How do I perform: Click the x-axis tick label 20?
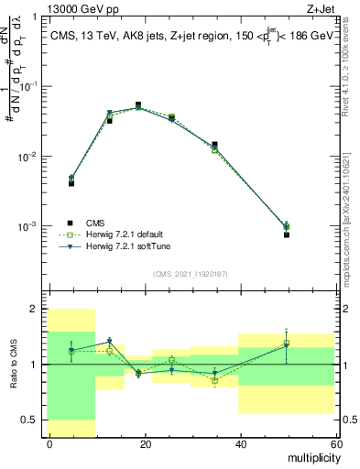tap(145, 444)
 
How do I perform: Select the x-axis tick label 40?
tap(240, 444)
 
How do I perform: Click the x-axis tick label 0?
tap(49, 444)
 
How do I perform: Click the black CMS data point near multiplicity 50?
tap(287, 234)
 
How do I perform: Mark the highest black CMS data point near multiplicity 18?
tap(138, 104)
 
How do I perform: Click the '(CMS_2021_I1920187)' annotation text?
tap(190, 274)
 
